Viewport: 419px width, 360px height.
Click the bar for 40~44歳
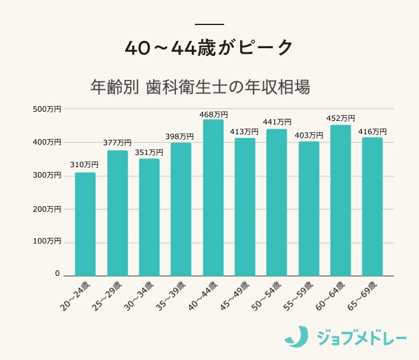[213, 198]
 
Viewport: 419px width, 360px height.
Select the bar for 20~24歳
[86, 224]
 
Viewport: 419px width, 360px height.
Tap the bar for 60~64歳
[340, 200]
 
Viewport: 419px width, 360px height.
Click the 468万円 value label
[213, 114]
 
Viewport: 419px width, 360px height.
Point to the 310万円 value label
[86, 165]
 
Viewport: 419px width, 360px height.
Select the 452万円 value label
[340, 118]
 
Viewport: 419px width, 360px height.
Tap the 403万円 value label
[308, 135]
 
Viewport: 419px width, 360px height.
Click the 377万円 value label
[117, 143]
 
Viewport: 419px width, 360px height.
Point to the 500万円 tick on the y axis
[47, 109]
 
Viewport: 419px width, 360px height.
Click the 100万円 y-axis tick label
[47, 242]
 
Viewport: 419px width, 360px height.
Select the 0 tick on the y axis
[57, 274]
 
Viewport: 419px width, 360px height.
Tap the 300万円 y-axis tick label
[47, 175]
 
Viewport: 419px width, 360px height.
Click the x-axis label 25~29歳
[109, 297]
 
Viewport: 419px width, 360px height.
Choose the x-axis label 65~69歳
[363, 297]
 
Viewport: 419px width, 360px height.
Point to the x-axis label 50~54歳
[268, 297]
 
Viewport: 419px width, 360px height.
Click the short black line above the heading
[209, 24]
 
